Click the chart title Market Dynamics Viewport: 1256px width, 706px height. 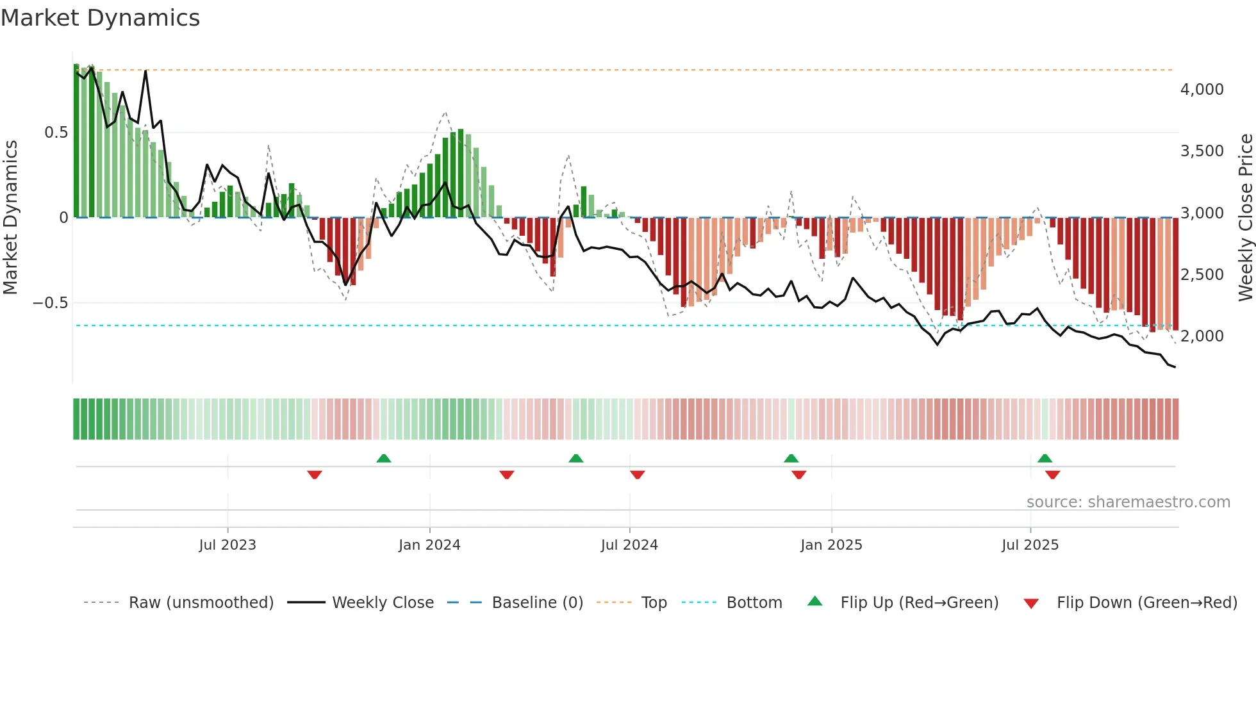pyautogui.click(x=100, y=18)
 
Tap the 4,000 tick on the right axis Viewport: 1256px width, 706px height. pyautogui.click(x=1202, y=90)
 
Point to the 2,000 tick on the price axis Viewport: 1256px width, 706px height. pyautogui.click(x=1202, y=336)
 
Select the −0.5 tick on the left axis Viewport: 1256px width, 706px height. pyautogui.click(x=50, y=302)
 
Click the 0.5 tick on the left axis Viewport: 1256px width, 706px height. pyautogui.click(x=56, y=133)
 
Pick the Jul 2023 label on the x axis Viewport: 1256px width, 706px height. pyautogui.click(x=227, y=545)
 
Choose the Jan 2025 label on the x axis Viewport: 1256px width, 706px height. pyautogui.click(x=831, y=545)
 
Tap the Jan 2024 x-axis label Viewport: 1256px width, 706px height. pyautogui.click(x=429, y=545)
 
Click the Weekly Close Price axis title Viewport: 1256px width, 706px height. pyautogui.click(x=1245, y=217)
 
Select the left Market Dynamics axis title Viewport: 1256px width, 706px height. pyautogui.click(x=10, y=217)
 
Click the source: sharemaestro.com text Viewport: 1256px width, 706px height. pyautogui.click(x=1128, y=502)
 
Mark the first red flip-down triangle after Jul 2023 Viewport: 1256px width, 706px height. pyautogui.click(x=315, y=475)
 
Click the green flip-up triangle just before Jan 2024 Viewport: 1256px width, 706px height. pyautogui.click(x=384, y=458)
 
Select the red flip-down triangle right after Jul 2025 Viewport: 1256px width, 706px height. pyautogui.click(x=1052, y=475)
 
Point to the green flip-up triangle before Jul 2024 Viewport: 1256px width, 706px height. pyautogui.click(x=576, y=458)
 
